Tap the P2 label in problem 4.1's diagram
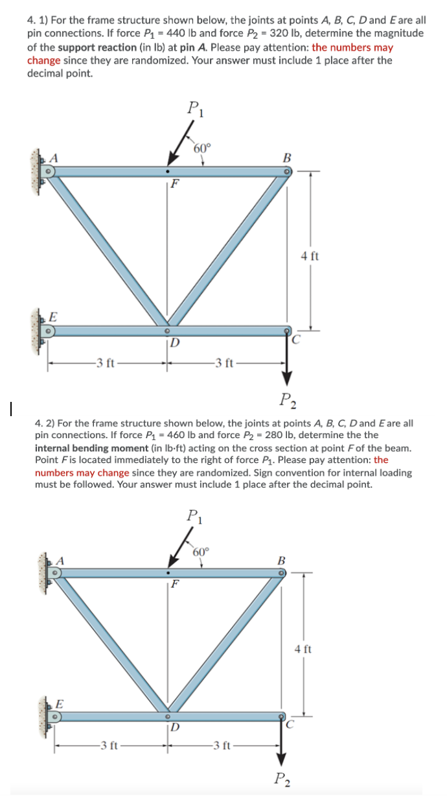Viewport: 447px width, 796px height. click(286, 398)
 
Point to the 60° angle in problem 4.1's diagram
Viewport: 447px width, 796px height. click(202, 147)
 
